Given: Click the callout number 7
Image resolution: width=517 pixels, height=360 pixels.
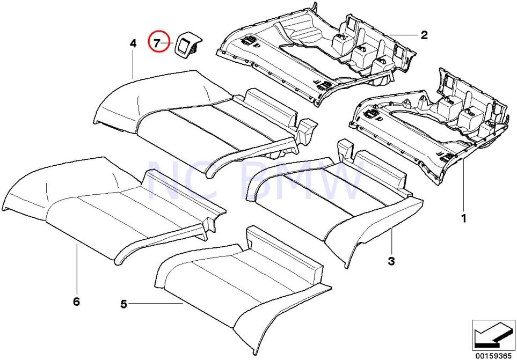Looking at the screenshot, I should click(157, 42).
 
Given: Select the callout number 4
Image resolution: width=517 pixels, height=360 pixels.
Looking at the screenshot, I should click(133, 43).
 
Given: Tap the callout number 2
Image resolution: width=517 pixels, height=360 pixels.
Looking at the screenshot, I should click(424, 35).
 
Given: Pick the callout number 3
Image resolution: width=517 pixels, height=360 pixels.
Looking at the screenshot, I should click(391, 261).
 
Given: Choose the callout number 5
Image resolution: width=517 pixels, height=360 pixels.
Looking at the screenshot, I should click(124, 304).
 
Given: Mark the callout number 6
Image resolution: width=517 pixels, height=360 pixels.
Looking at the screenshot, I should click(76, 302).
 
